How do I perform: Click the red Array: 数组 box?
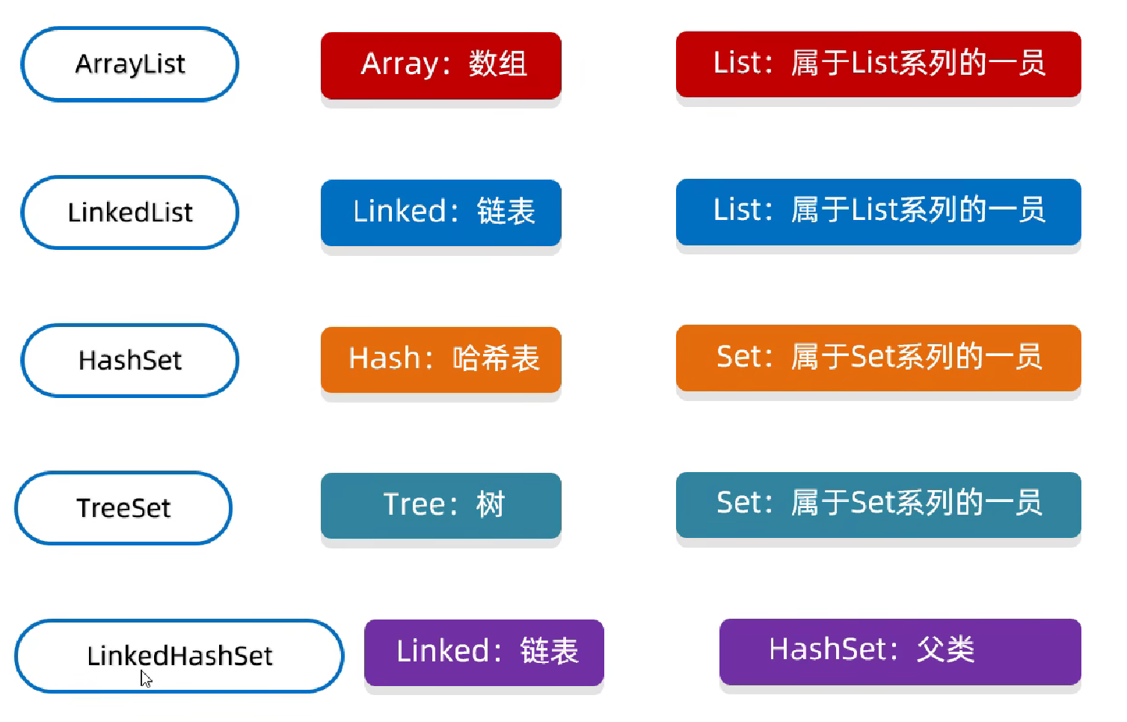440,65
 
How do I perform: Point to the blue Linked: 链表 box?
440,212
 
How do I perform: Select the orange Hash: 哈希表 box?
440,359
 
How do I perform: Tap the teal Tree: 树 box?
440,506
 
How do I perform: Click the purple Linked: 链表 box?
484,652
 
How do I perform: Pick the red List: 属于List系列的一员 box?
879,64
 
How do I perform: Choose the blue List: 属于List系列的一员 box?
879,212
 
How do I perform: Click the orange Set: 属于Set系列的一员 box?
879,358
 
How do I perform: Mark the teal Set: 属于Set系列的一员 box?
879,504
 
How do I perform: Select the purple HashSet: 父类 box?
900,652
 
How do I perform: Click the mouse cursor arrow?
145,679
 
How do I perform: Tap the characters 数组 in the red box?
498,64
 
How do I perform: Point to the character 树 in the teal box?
490,504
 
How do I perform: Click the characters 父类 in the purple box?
946,649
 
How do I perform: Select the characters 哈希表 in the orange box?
496,358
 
